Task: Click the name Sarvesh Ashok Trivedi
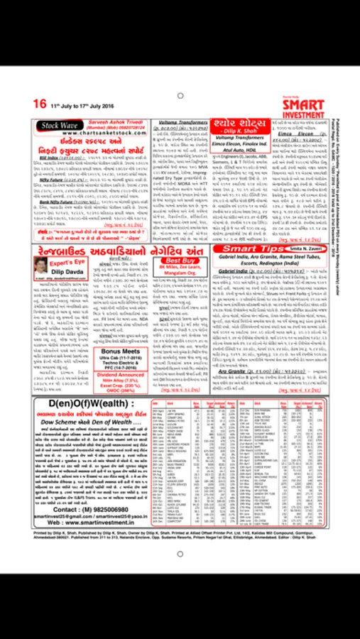(x=115, y=121)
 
